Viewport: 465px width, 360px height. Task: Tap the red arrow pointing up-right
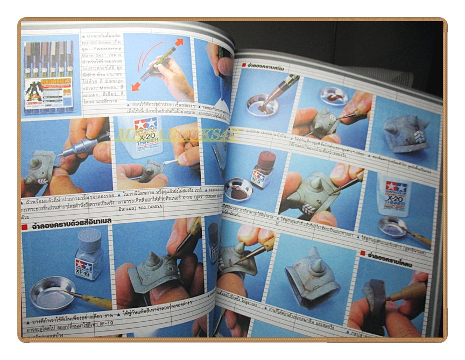click(x=179, y=43)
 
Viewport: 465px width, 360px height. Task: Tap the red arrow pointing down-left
click(x=135, y=86)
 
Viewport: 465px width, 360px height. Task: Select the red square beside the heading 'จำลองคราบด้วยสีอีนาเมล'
click(x=24, y=227)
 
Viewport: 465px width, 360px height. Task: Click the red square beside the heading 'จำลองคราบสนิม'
click(x=244, y=65)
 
